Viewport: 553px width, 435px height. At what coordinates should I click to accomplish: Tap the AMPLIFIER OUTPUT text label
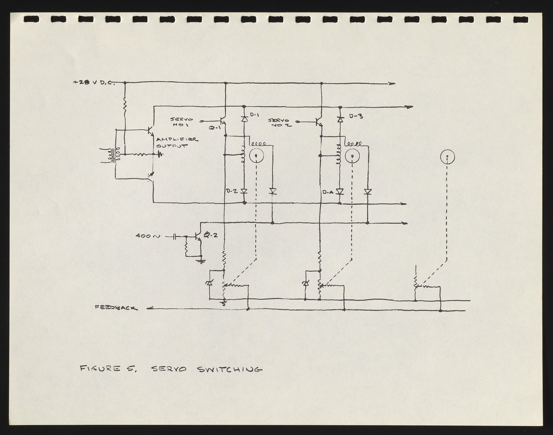point(176,143)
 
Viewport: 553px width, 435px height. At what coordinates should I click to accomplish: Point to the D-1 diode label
point(256,114)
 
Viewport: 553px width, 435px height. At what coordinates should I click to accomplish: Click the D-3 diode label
point(356,116)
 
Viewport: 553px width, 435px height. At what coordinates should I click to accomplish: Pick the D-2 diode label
point(232,191)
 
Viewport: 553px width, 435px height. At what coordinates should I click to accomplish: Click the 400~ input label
point(147,237)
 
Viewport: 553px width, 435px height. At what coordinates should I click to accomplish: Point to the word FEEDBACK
point(115,308)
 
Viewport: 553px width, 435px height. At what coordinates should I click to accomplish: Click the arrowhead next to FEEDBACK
point(149,309)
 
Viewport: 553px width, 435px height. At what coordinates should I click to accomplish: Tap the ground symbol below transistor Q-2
point(201,261)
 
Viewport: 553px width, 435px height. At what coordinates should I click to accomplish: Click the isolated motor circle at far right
point(447,157)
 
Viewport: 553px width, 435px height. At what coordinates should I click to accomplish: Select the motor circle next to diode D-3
point(353,157)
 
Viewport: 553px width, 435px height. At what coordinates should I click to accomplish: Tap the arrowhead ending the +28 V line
point(392,84)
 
